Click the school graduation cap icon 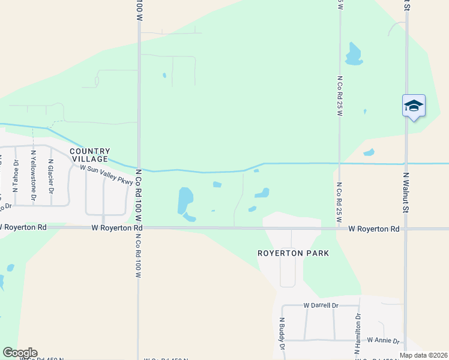[414, 106]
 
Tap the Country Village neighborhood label [90, 155]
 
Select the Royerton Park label [293, 253]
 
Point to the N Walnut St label [406, 193]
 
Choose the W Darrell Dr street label [321, 305]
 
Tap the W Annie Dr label [383, 340]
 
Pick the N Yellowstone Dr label [34, 175]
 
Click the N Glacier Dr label [52, 174]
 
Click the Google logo [19, 353]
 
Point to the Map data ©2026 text [423, 355]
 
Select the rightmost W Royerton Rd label [374, 229]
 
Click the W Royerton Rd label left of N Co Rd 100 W [118, 228]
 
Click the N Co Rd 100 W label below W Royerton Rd [138, 255]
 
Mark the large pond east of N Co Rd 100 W [185, 201]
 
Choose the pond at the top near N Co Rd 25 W [354, 55]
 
